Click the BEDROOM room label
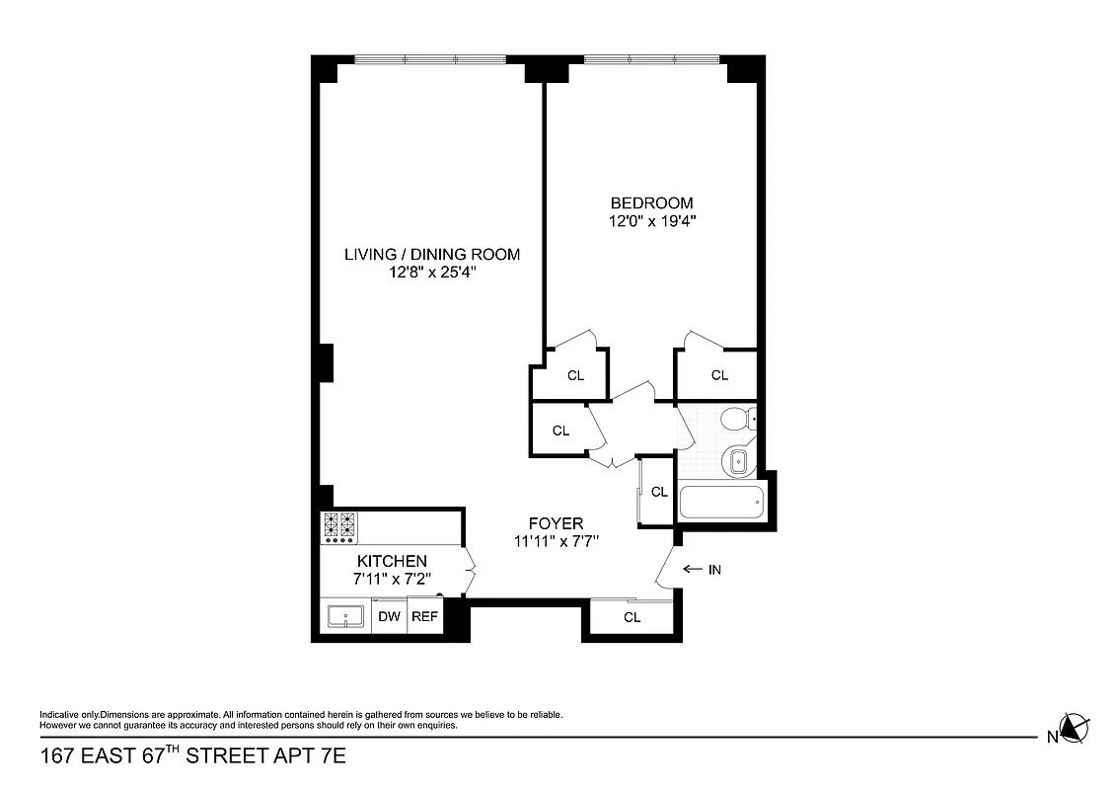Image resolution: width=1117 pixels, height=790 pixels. click(x=650, y=203)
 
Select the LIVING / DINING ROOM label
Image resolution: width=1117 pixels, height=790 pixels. click(x=431, y=255)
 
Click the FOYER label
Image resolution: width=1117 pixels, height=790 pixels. click(x=556, y=523)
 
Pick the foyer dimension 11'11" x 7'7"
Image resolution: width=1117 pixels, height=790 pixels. click(x=556, y=541)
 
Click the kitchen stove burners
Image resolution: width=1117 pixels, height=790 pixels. click(x=339, y=527)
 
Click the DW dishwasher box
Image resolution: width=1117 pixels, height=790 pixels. click(x=390, y=617)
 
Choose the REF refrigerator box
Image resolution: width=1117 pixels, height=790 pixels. click(x=424, y=617)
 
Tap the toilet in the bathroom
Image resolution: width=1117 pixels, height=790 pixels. click(x=736, y=420)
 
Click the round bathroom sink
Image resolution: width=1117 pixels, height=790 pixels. click(x=737, y=459)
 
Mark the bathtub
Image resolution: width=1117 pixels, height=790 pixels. click(x=720, y=502)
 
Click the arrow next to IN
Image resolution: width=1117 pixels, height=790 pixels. click(x=691, y=570)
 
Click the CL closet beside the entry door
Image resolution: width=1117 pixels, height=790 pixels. click(x=632, y=617)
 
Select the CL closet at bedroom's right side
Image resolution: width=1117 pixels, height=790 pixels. click(x=719, y=375)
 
